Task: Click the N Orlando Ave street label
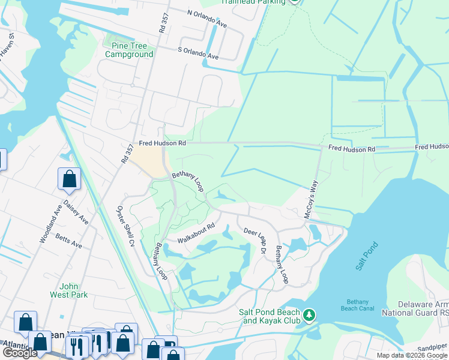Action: (207, 18)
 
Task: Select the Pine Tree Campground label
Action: (128, 50)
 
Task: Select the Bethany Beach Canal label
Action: (361, 305)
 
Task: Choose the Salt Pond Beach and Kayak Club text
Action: (269, 316)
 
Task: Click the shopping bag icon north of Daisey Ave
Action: (70, 179)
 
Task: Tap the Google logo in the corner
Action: (19, 353)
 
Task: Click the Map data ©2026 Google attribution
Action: (412, 355)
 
